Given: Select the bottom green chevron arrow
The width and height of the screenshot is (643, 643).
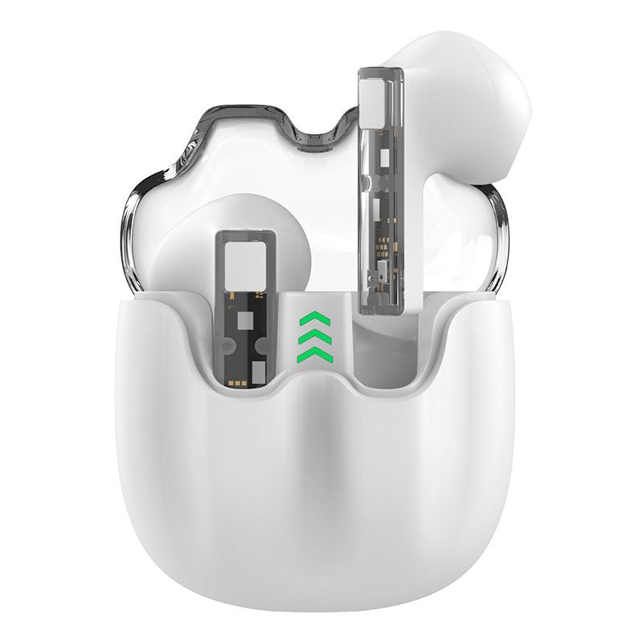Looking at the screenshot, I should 309,354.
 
